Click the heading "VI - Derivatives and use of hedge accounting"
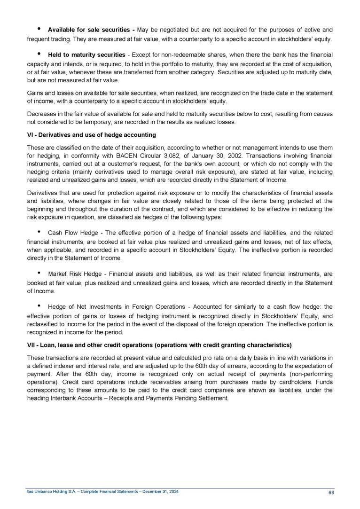point(92,135)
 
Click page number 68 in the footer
point(331,493)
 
